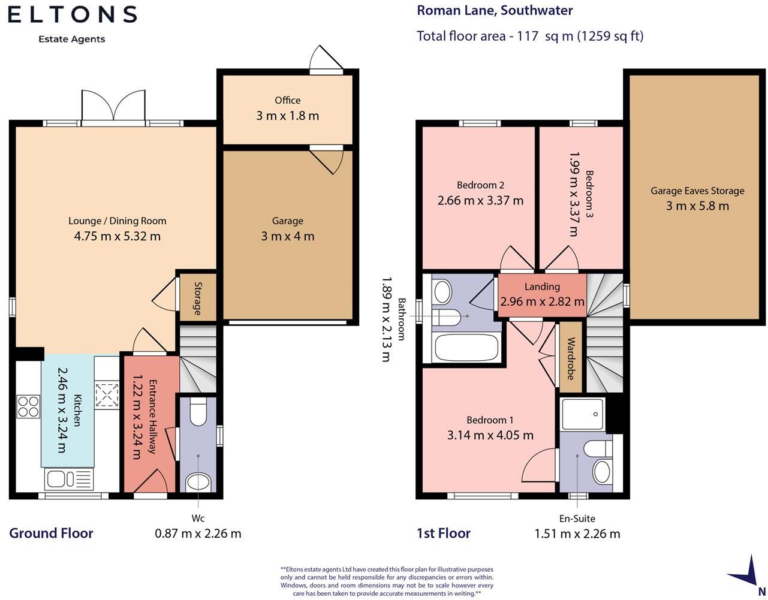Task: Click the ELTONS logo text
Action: (x=72, y=14)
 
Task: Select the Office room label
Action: (x=287, y=100)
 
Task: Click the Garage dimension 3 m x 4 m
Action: (x=288, y=236)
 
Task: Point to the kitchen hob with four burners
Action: (x=28, y=407)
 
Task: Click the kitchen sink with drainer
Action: (x=69, y=479)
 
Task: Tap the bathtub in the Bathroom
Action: (x=466, y=347)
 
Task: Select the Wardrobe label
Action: (x=570, y=358)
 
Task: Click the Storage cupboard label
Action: (x=198, y=299)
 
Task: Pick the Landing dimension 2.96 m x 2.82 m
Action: (x=542, y=301)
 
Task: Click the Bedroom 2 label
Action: (x=480, y=185)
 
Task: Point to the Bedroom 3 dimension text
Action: (x=574, y=194)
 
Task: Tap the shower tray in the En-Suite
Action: (x=582, y=415)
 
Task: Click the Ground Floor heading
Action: (x=51, y=533)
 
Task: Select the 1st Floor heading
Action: (x=444, y=533)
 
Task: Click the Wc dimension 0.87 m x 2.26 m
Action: (x=198, y=533)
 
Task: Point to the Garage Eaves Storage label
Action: (x=697, y=191)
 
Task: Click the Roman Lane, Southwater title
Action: (x=495, y=11)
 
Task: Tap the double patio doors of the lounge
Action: (x=113, y=108)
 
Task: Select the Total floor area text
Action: (x=530, y=36)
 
